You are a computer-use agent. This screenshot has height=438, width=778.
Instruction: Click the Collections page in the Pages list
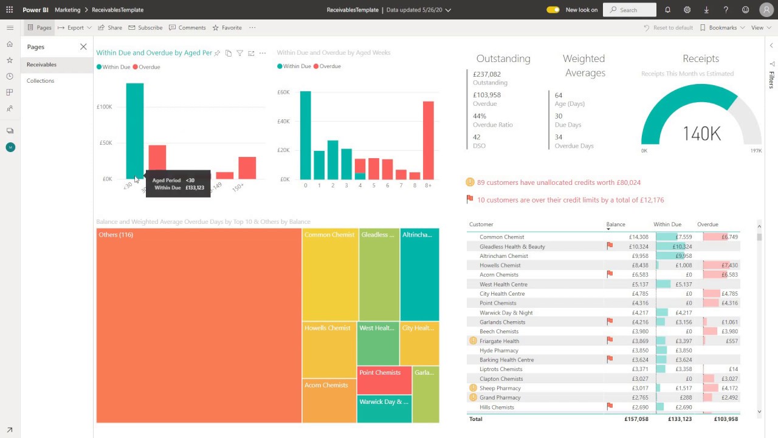pos(41,81)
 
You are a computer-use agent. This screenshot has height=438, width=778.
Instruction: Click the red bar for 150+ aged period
pos(247,168)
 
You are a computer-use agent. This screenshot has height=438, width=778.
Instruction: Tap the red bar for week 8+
pos(429,140)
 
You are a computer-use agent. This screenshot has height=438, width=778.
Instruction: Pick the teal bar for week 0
pos(305,135)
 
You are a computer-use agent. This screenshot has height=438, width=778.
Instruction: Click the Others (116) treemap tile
pos(199,325)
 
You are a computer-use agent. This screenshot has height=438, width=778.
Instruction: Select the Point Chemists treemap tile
pos(384,380)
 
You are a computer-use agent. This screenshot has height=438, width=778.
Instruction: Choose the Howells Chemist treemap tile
pos(329,350)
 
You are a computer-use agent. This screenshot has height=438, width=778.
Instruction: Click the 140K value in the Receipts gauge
pos(701,134)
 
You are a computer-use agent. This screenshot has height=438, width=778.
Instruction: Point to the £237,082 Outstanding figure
pos(487,74)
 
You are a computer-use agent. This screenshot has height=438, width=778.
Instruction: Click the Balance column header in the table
pos(616,224)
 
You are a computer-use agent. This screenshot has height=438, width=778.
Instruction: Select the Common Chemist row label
pos(501,237)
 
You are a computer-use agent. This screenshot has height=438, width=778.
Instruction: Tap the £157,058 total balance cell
pos(636,419)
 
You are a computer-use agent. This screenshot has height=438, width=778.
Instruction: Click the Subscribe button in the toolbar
pos(145,28)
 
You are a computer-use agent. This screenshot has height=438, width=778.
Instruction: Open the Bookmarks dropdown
pos(722,28)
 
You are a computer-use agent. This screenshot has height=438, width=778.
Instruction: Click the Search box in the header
pos(633,10)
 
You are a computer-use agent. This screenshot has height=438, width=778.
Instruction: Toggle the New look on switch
pos(553,10)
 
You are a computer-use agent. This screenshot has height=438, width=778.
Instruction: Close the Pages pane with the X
pos(83,47)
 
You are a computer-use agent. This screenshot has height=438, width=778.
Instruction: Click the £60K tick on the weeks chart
pos(283,92)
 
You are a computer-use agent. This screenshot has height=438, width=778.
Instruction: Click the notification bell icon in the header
pos(668,10)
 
